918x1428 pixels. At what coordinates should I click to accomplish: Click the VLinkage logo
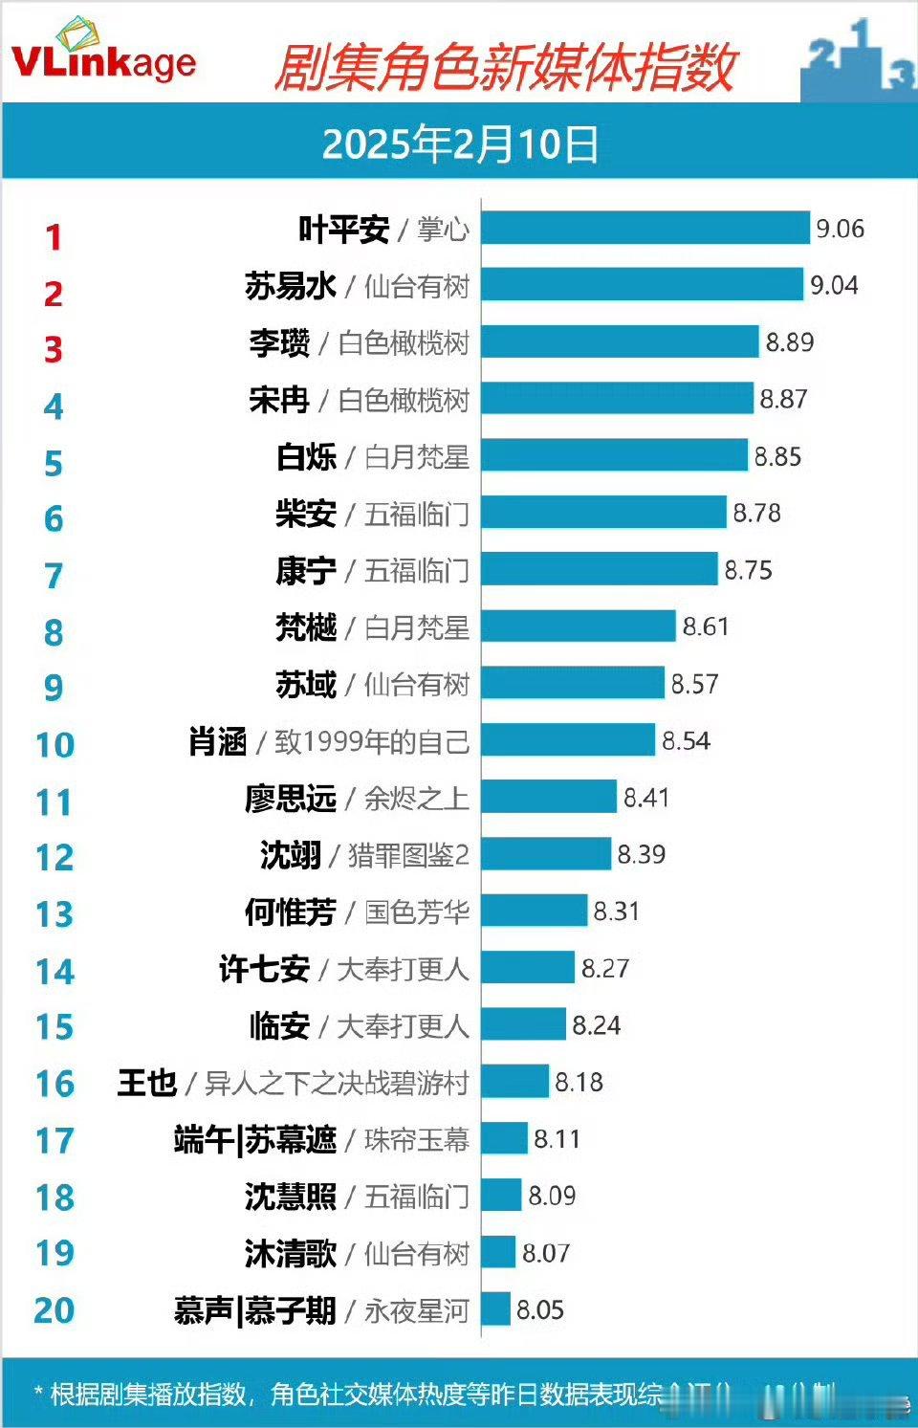pos(102,54)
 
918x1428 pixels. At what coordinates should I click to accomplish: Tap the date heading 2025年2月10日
pos(460,144)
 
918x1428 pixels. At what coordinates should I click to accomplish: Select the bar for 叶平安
pos(645,229)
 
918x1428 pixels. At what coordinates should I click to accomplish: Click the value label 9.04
pos(834,285)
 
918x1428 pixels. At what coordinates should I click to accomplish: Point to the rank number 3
pos(54,350)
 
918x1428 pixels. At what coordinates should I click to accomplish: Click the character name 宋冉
pos(278,399)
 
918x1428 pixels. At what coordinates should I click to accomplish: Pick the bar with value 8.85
pos(614,455)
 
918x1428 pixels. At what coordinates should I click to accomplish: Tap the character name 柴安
pos(306,514)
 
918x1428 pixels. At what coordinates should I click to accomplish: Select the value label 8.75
pos(748,570)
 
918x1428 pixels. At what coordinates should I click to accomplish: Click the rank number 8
pos(54,632)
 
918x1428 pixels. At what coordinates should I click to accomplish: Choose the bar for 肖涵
pos(568,740)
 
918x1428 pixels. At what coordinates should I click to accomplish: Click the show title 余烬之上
pos(416,798)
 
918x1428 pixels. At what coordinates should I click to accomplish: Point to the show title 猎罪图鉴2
pos(408,854)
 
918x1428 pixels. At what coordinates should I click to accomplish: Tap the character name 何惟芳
pos(290,912)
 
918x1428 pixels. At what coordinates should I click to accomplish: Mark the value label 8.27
pos(605,968)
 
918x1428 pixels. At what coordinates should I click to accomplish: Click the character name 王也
pos(147,1082)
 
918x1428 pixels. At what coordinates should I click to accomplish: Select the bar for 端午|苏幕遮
pos(504,1138)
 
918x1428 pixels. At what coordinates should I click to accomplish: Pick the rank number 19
pos(55,1253)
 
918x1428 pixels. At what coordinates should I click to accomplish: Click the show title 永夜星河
pos(416,1309)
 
